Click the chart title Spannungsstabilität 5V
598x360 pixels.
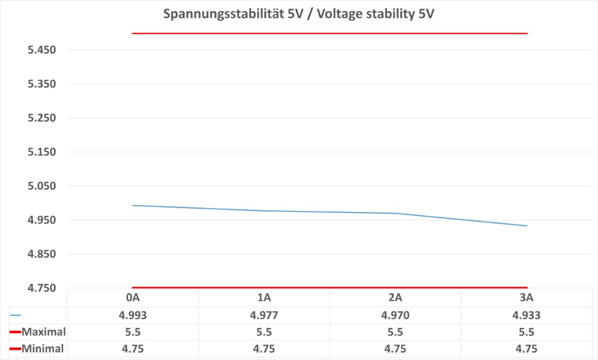click(x=298, y=13)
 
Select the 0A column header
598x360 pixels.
click(x=133, y=297)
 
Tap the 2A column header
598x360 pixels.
click(x=395, y=297)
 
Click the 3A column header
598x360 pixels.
click(x=527, y=297)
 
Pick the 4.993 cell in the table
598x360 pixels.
click(x=133, y=315)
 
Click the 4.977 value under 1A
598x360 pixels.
click(x=264, y=315)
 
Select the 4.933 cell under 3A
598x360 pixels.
click(x=527, y=315)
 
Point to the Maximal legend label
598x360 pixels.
click(x=43, y=332)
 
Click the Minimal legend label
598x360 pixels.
click(x=43, y=349)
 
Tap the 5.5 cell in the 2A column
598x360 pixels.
click(x=395, y=332)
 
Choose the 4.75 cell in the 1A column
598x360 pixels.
click(x=264, y=349)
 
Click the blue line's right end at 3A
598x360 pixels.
click(x=527, y=226)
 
